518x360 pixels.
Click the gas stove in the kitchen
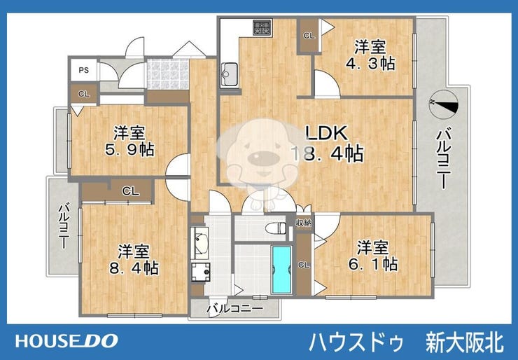point(262,27)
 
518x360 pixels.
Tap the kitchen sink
point(230,75)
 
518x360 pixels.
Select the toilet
point(276,228)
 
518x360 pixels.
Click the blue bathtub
point(281,270)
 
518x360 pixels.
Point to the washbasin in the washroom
point(200,243)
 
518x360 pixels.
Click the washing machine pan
point(201,272)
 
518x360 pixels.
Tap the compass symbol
point(443,104)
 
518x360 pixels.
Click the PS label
point(84,71)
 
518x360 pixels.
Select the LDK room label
point(327,133)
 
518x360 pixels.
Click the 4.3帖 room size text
point(370,63)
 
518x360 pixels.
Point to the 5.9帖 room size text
point(129,149)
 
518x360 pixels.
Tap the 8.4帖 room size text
point(134,268)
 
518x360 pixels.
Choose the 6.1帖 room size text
point(373,264)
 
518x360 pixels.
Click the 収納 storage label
point(304,223)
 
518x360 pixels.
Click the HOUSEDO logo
point(66,341)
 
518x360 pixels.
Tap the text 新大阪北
point(465,342)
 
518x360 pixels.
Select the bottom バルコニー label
point(235,309)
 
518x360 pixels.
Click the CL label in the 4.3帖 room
point(309,36)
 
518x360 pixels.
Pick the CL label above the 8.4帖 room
point(131,191)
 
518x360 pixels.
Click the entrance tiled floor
point(168,74)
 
